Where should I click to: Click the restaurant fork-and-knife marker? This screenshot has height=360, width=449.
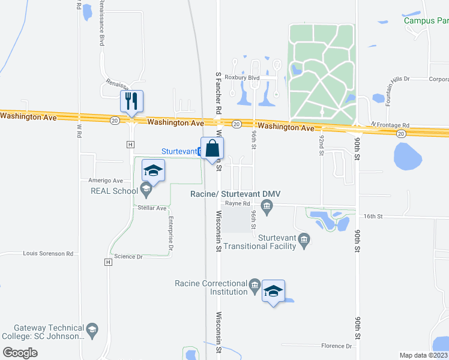pyautogui.click(x=131, y=101)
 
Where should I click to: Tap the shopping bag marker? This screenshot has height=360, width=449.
pyautogui.click(x=212, y=149)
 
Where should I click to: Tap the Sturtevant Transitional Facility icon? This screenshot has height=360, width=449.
pyautogui.click(x=304, y=241)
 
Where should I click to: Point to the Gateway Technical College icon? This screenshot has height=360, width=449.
pyautogui.click(x=92, y=329)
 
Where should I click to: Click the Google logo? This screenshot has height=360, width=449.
pyautogui.click(x=20, y=353)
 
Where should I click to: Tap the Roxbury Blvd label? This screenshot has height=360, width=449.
pyautogui.click(x=241, y=77)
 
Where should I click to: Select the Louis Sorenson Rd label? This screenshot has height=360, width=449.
pyautogui.click(x=47, y=254)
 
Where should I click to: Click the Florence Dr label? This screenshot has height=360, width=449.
pyautogui.click(x=336, y=346)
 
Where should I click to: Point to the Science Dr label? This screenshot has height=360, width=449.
pyautogui.click(x=128, y=256)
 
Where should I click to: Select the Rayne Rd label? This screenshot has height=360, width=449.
pyautogui.click(x=237, y=203)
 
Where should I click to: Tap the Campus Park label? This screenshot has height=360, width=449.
pyautogui.click(x=426, y=20)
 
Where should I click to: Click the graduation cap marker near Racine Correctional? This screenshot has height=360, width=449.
pyautogui.click(x=273, y=291)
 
